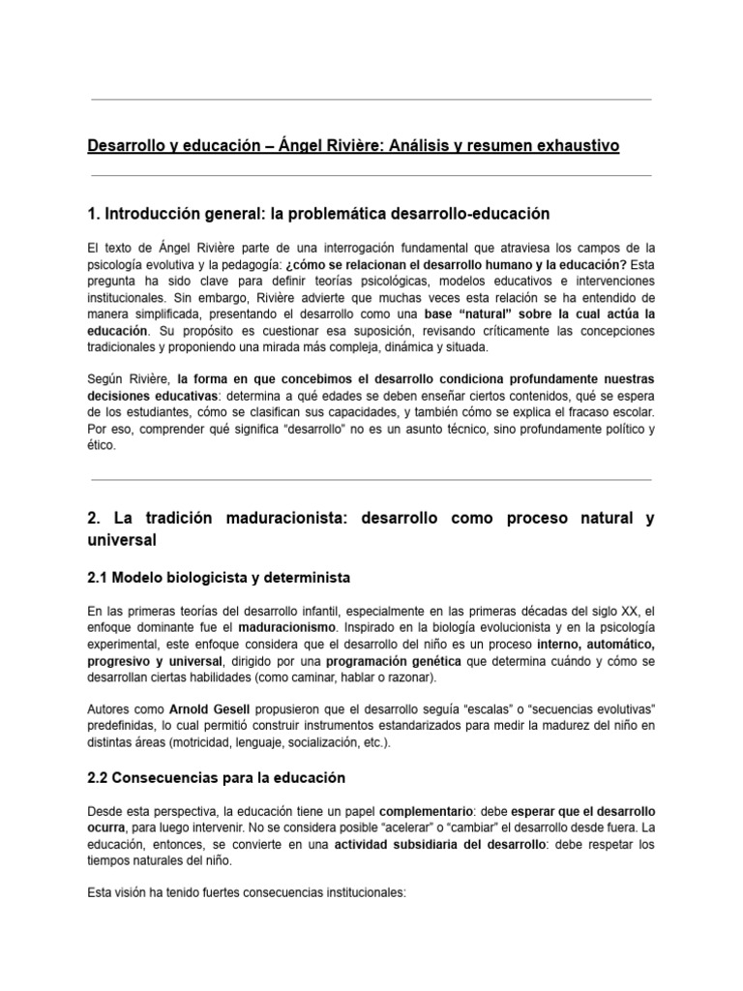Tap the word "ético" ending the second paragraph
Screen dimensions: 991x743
101,446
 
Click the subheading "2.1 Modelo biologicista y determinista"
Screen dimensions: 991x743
218,578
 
